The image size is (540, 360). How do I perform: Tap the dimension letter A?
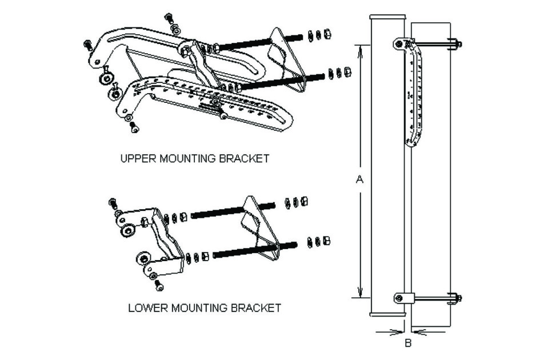[x=359, y=179]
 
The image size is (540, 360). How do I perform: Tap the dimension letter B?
[x=408, y=343]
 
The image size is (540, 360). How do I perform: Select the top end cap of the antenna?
[x=388, y=18]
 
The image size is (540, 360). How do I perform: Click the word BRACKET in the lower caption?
[x=255, y=308]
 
